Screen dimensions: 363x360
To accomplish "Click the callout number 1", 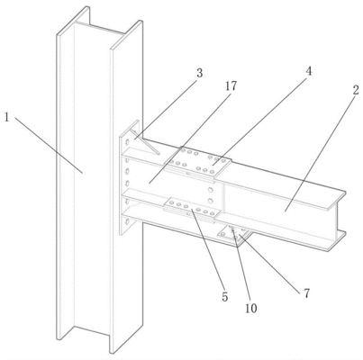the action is coord(6,117).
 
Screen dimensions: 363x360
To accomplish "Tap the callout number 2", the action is coord(356,90).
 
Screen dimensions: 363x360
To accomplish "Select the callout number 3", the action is coord(199,73).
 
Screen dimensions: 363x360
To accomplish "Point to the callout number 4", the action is coord(308,71).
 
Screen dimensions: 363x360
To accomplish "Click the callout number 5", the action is coord(225,297).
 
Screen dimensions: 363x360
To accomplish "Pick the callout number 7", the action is coord(306,293).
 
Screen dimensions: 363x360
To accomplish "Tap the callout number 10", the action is coord(251,308).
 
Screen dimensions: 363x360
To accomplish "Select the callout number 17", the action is coord(231,86).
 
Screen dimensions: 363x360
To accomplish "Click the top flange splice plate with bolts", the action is coord(198,164).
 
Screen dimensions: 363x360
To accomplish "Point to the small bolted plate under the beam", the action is coord(235,234).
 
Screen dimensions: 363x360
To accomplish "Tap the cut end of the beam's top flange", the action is coord(337,201).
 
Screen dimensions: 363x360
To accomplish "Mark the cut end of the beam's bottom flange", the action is coord(337,241).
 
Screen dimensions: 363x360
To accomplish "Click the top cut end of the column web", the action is coord(99,28).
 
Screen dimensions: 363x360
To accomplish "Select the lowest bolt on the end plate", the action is coord(127,222).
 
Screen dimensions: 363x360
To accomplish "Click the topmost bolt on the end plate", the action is coord(128,141).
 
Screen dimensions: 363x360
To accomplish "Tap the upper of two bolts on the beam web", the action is coord(211,189).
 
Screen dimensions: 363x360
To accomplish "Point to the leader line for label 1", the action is coord(49,145).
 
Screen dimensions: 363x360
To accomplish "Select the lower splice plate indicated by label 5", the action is coord(192,209).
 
